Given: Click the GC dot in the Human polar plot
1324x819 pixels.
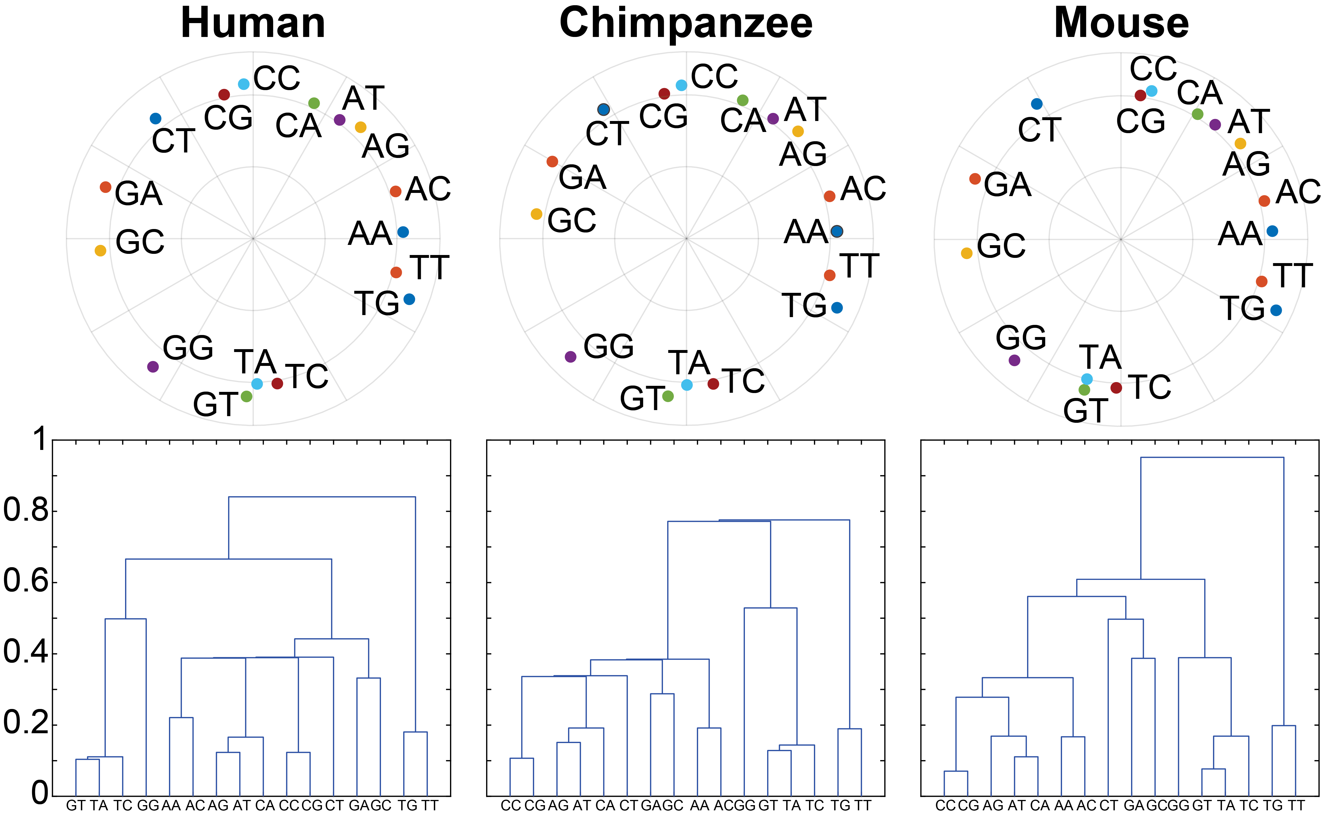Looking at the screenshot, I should pyautogui.click(x=100, y=250).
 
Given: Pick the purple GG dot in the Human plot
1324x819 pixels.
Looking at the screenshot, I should pyautogui.click(x=153, y=367).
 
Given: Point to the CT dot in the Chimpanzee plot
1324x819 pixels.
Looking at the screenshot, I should pyautogui.click(x=603, y=109).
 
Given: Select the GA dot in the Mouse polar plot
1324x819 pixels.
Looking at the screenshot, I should pyautogui.click(x=975, y=179).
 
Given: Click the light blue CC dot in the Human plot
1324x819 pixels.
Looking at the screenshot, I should pyautogui.click(x=244, y=84).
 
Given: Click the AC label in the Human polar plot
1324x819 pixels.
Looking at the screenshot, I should pyautogui.click(x=427, y=189).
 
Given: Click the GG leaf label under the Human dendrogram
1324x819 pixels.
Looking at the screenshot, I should pyautogui.click(x=148, y=805).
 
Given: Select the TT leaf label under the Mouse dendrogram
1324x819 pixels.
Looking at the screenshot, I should pyautogui.click(x=1296, y=805).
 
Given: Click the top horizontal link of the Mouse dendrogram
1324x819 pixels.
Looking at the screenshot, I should pyautogui.click(x=1212, y=458).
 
